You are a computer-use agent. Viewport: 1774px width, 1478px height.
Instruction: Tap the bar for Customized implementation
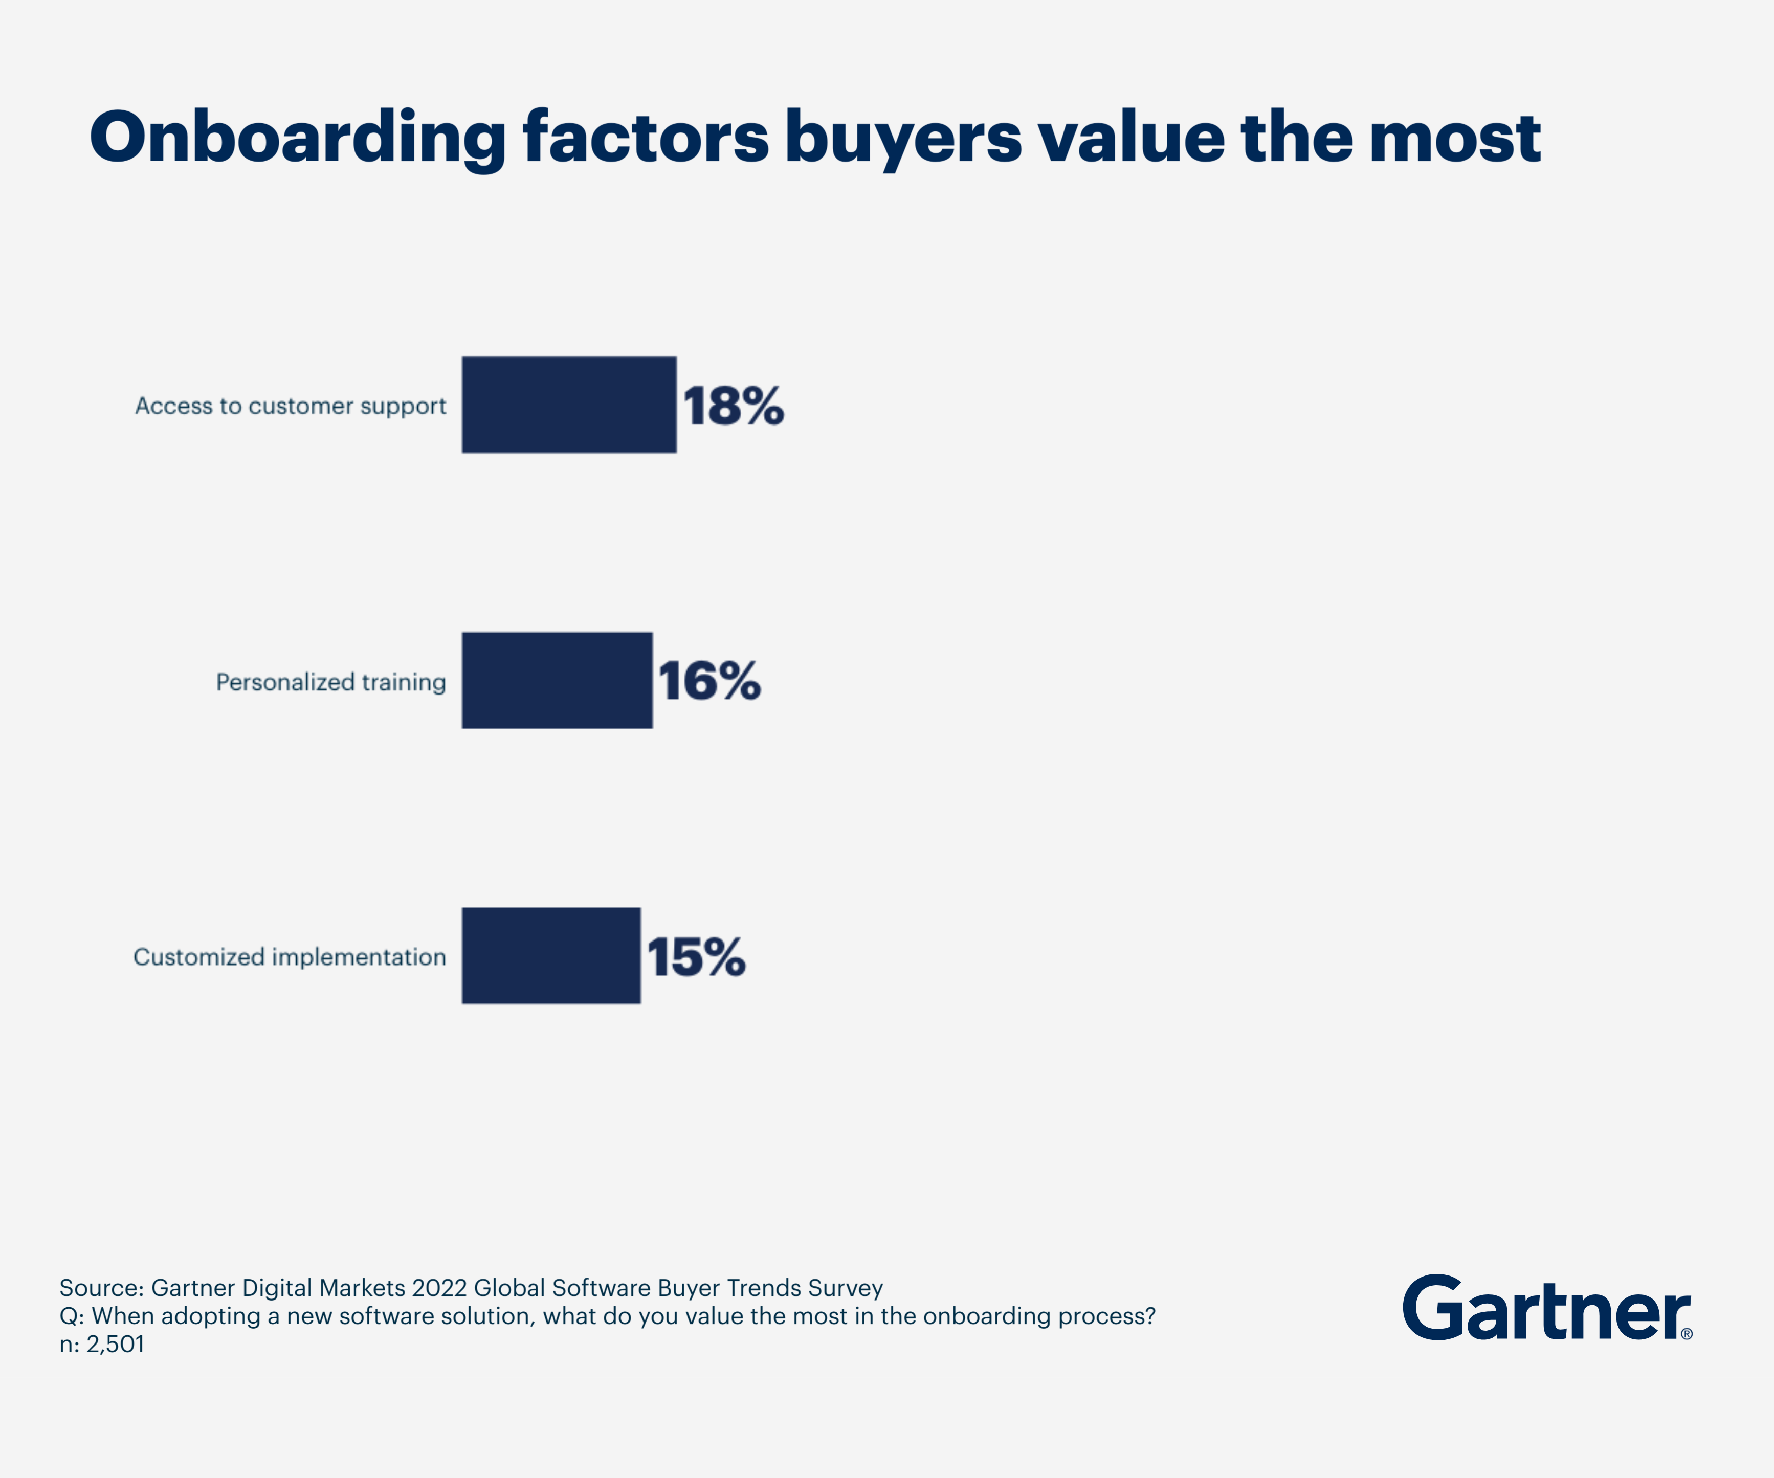tap(551, 955)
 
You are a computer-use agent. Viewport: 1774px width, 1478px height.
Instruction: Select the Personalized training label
tap(330, 682)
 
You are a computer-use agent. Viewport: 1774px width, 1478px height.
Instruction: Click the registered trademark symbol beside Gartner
tap(1686, 1334)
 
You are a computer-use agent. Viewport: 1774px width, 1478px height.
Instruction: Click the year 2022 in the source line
tap(439, 1288)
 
